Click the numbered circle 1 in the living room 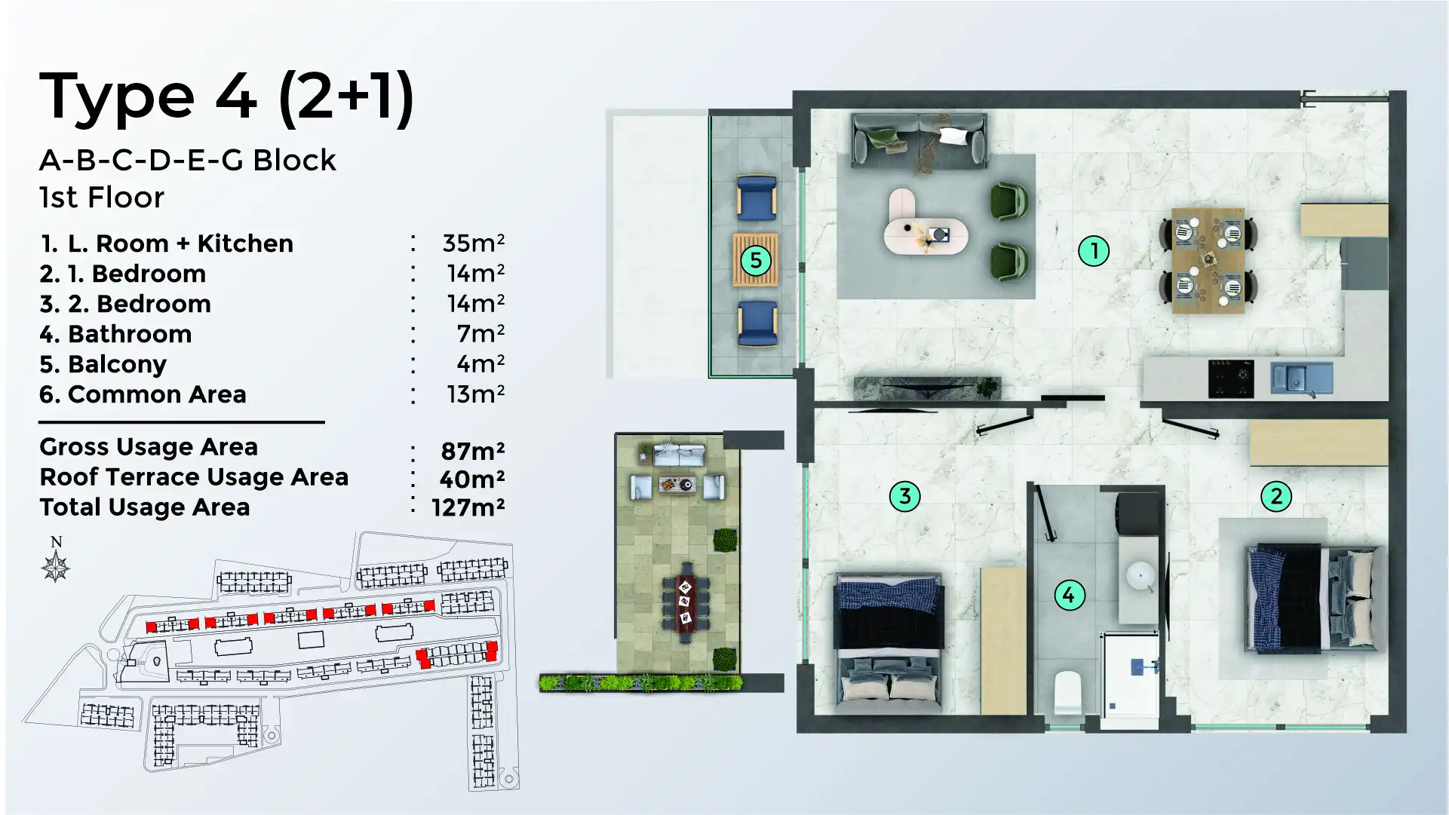[1093, 251]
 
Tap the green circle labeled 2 [1276, 496]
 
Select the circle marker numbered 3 [904, 496]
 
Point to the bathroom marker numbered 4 [1069, 595]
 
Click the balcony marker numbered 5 [755, 261]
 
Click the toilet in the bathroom [1067, 691]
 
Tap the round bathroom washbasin [1140, 575]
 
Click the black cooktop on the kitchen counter [1230, 378]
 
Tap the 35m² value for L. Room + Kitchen [473, 244]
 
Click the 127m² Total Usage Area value [468, 507]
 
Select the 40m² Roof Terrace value [471, 479]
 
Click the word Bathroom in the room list [130, 334]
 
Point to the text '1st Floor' [102, 198]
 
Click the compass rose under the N [56, 566]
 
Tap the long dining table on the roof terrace [686, 602]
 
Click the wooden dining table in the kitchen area [1208, 260]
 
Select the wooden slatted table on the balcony [755, 260]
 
